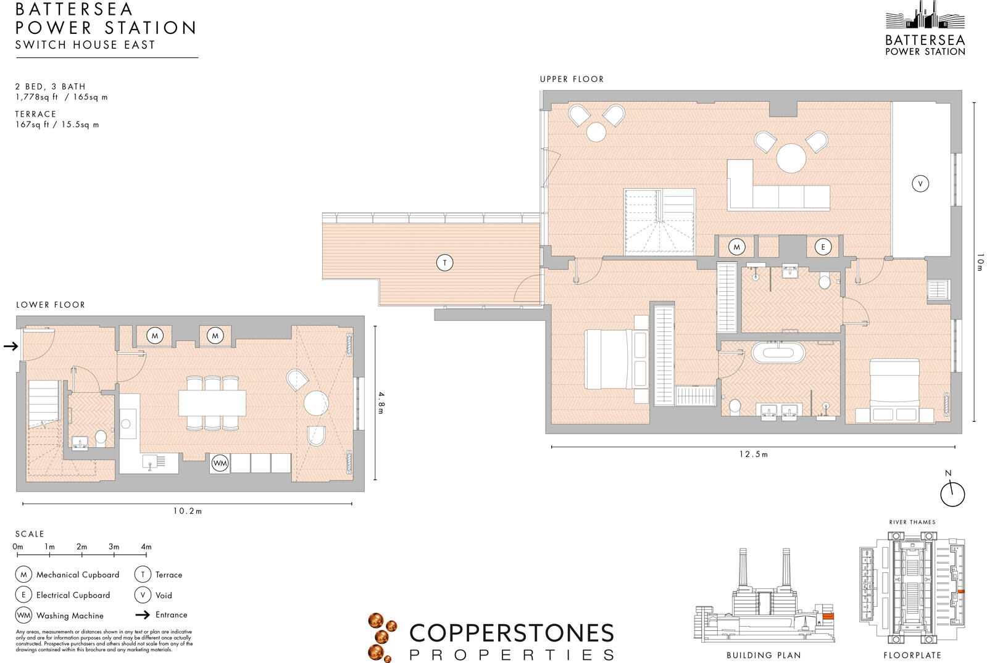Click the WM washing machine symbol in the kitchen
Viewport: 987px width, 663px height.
pyautogui.click(x=220, y=463)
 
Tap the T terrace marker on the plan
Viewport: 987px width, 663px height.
pyautogui.click(x=444, y=263)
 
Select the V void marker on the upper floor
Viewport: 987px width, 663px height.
pyautogui.click(x=920, y=183)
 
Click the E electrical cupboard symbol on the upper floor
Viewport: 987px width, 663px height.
pyautogui.click(x=822, y=247)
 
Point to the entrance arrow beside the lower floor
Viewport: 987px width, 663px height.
pyautogui.click(x=10, y=346)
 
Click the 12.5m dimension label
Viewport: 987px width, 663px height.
pyautogui.click(x=753, y=455)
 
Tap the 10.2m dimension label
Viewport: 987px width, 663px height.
pyautogui.click(x=187, y=511)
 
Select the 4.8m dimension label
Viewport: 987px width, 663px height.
pyautogui.click(x=381, y=403)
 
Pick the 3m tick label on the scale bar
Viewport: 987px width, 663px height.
pyautogui.click(x=114, y=546)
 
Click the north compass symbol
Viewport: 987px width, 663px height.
pyautogui.click(x=952, y=493)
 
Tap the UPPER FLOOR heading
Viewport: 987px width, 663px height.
pyautogui.click(x=572, y=79)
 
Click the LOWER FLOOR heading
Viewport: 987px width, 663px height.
pyautogui.click(x=51, y=305)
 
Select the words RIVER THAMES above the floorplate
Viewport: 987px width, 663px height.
pyautogui.click(x=912, y=522)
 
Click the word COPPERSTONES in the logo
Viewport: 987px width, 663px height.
pyautogui.click(x=512, y=633)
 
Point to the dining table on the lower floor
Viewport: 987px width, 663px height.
pyautogui.click(x=212, y=403)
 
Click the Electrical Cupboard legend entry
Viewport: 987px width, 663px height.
pyautogui.click(x=73, y=595)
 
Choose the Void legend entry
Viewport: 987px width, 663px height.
pyautogui.click(x=163, y=595)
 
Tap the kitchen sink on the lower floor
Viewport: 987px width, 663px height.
pyautogui.click(x=152, y=461)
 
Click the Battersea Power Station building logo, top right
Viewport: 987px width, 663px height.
pyautogui.click(x=925, y=17)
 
